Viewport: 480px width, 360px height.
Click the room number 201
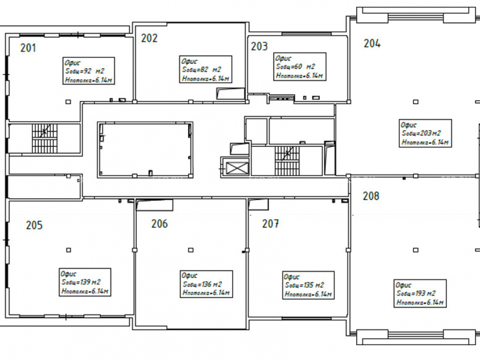[x=28, y=48]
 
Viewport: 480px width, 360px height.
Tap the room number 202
[x=149, y=38]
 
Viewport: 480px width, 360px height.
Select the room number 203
[x=259, y=46]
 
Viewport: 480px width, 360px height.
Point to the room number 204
[x=372, y=44]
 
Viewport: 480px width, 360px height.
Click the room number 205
[x=34, y=225]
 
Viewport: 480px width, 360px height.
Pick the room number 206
[x=159, y=224]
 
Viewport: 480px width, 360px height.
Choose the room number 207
[x=270, y=224]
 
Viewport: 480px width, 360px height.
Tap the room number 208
[x=371, y=196]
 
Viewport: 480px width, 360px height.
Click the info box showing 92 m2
[x=89, y=71]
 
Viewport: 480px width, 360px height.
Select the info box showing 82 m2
[x=205, y=69]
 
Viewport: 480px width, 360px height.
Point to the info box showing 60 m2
[x=300, y=66]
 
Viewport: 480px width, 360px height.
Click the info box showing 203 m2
[x=425, y=133]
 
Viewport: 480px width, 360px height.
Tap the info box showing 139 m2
[x=85, y=282]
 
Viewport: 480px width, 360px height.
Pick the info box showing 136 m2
[x=206, y=284]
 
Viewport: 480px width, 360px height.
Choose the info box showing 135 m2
[x=308, y=285]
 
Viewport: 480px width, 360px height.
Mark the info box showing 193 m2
[x=420, y=293]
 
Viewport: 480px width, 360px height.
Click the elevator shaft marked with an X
[x=237, y=168]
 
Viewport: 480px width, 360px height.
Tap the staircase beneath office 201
[x=44, y=138]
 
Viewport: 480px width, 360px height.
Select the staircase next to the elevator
[x=287, y=161]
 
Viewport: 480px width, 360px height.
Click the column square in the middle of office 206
[x=191, y=250]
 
